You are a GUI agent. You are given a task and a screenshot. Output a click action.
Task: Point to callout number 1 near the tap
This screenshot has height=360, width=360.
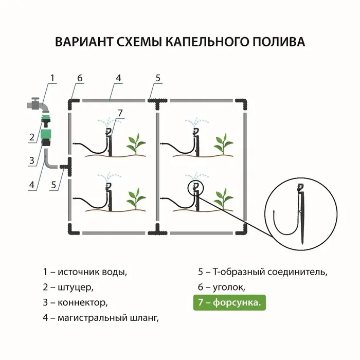[52, 78]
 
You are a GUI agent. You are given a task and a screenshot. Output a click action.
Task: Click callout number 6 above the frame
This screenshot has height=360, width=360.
[80, 78]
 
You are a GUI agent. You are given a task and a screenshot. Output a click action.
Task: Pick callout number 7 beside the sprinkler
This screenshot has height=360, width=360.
[120, 113]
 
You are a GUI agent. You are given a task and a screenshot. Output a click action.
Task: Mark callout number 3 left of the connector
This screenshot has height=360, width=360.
[32, 160]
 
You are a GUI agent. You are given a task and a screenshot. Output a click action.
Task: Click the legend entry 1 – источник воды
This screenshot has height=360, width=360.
[85, 272]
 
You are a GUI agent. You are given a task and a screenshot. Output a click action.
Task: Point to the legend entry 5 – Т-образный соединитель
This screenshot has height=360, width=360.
[262, 272]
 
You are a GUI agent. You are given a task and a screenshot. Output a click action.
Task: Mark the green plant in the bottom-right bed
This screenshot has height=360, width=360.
[223, 197]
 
